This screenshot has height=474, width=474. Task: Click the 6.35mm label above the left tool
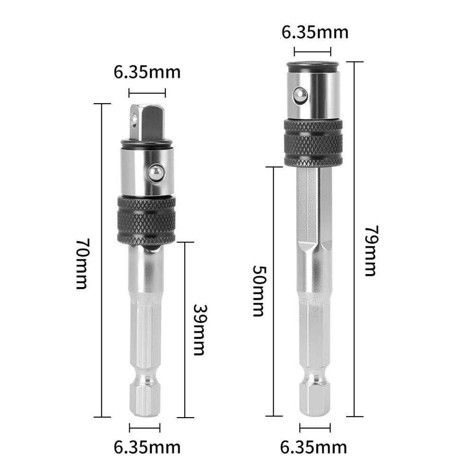147,72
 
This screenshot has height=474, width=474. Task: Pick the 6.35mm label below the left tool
147,446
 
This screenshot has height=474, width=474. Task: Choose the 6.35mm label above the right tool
314,32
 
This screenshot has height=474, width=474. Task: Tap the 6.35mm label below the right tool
313,446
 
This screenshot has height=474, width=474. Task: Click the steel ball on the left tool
154,173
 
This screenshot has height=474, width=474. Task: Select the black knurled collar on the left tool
146,218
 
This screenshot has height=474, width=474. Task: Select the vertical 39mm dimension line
185,284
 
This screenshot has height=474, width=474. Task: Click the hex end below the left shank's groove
144,401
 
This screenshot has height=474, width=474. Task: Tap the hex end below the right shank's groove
315,401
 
